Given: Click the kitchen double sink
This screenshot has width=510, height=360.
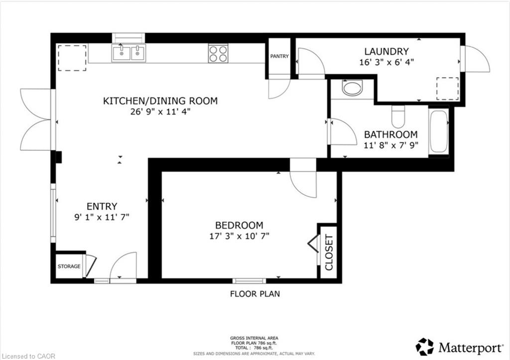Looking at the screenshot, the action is tap(129, 53).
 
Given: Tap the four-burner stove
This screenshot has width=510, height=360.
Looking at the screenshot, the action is tap(218, 54).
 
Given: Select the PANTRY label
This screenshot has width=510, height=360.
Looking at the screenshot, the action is tap(279, 56).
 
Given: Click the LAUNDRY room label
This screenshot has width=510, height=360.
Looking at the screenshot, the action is tap(386, 51).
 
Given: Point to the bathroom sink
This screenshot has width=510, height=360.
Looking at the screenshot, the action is tap(352, 88).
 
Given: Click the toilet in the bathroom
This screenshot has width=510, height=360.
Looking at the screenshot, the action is tap(398, 117).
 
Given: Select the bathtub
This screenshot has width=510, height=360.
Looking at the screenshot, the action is tap(439, 131).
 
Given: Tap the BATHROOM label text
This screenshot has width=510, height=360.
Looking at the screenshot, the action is tap(390, 134).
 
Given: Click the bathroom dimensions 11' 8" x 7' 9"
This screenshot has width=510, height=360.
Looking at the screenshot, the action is tap(390, 145).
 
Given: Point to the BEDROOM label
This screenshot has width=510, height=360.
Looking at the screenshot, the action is tap(239, 225).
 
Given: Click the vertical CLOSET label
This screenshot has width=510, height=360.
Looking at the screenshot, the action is tap(329, 252).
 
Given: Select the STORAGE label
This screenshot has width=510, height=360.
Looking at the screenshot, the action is tap(69, 266).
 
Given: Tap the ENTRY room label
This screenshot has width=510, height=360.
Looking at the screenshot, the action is tap(102, 207).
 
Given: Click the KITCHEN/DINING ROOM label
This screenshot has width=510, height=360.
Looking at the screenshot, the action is tap(160, 101).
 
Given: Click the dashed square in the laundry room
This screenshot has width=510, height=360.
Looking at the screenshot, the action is tap(447, 89).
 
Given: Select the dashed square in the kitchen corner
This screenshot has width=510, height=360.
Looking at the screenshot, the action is tap(72, 58).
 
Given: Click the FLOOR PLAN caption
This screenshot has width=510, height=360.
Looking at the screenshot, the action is tap(255, 294).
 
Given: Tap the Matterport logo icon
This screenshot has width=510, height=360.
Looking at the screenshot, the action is tap(424, 347).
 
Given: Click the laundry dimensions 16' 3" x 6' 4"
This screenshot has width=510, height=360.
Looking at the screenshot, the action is tap(386, 62).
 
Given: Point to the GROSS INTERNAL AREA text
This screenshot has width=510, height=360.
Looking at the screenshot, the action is tap(254, 338).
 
